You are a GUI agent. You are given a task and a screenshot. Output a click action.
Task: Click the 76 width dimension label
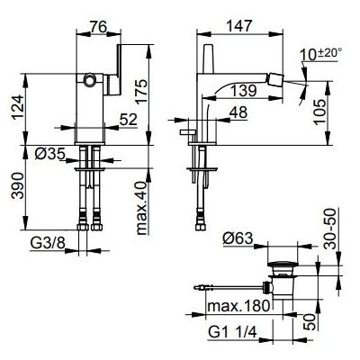[x=98, y=28]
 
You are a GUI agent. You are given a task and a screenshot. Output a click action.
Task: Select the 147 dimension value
[x=239, y=26]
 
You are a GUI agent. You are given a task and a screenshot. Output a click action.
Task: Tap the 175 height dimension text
[x=143, y=91]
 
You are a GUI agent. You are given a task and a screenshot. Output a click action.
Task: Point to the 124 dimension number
[x=18, y=107]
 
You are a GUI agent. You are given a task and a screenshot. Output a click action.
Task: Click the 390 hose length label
[x=18, y=185]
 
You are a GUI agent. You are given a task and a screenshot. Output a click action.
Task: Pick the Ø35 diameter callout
[x=49, y=154]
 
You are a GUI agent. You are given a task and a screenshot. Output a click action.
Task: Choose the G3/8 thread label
[x=48, y=243]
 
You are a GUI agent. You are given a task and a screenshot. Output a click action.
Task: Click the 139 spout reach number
[x=244, y=91]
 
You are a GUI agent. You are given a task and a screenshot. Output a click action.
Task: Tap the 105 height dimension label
[x=320, y=112]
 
